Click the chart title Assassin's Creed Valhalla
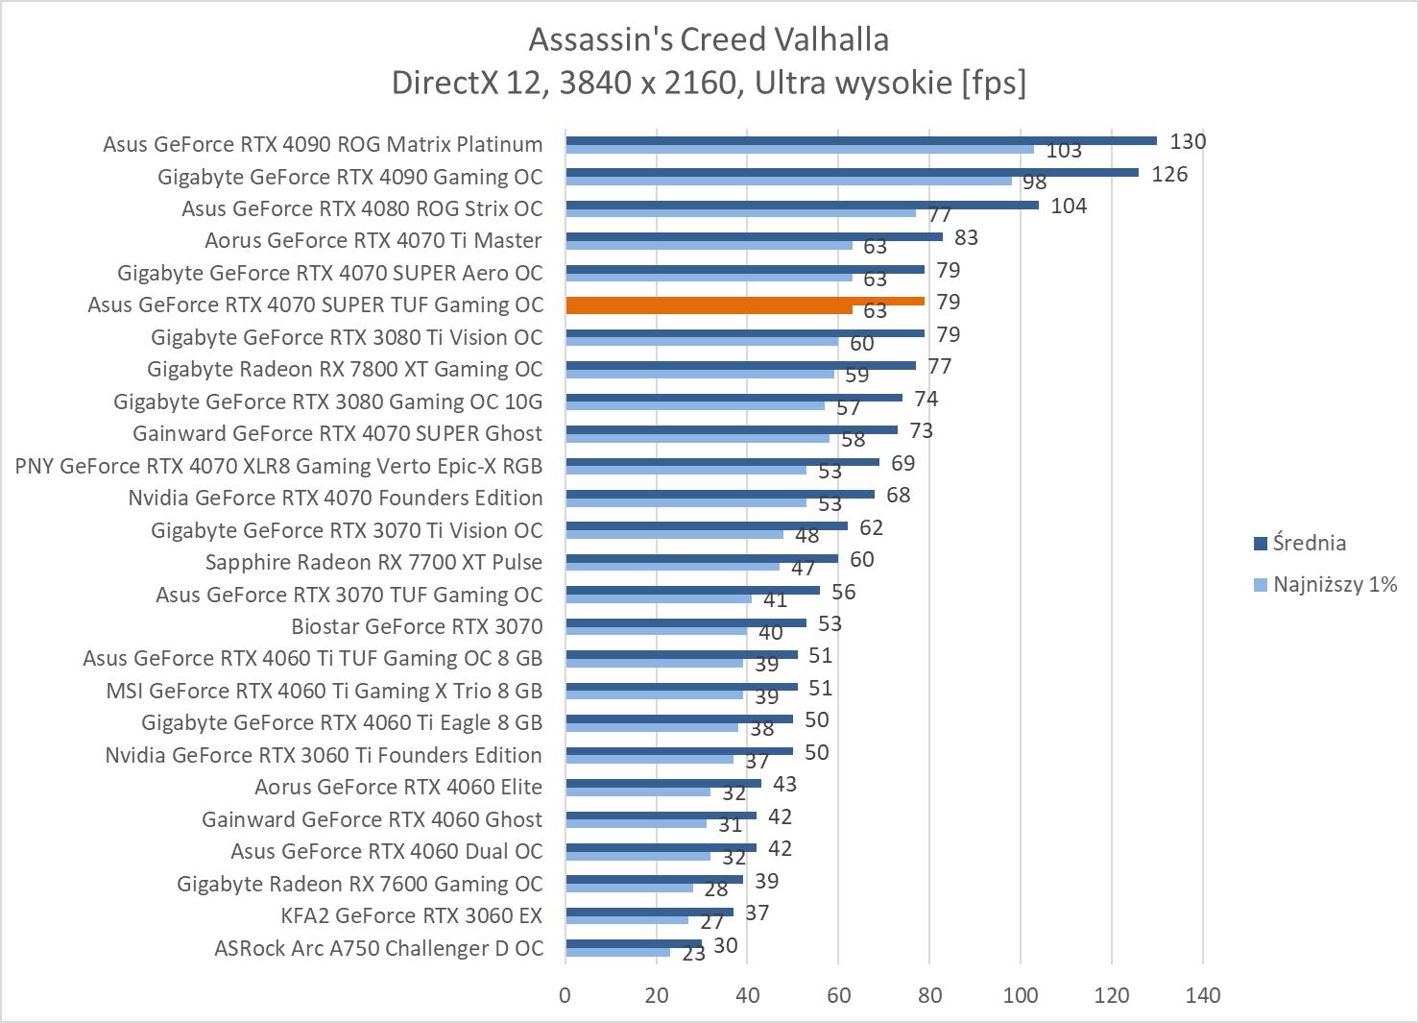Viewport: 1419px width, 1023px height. tap(709, 39)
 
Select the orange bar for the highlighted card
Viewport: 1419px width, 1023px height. tap(745, 301)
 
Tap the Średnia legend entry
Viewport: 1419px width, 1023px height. tap(1310, 543)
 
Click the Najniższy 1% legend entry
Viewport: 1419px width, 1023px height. tap(1334, 584)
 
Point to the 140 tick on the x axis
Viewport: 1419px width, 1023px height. tap(1202, 995)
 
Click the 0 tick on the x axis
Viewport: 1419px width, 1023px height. tap(565, 995)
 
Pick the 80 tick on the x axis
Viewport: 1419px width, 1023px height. tap(929, 995)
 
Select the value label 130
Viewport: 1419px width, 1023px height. tap(1188, 141)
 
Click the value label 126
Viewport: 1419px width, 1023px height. tap(1169, 174)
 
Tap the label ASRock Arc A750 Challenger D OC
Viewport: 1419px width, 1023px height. tap(378, 948)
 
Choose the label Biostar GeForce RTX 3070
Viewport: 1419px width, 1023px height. tap(417, 626)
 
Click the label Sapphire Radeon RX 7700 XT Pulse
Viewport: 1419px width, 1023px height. tap(373, 562)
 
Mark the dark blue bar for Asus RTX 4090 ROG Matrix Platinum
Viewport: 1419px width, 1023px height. tap(861, 140)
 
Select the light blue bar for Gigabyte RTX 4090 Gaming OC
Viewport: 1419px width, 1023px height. tap(788, 181)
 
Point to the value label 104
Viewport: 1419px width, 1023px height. tap(1069, 206)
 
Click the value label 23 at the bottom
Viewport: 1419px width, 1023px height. tap(693, 954)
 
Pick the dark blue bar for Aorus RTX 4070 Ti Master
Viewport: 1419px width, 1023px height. tap(754, 236)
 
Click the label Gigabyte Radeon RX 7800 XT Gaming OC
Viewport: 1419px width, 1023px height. tap(345, 369)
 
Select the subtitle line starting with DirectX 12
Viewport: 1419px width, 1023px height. tap(709, 84)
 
